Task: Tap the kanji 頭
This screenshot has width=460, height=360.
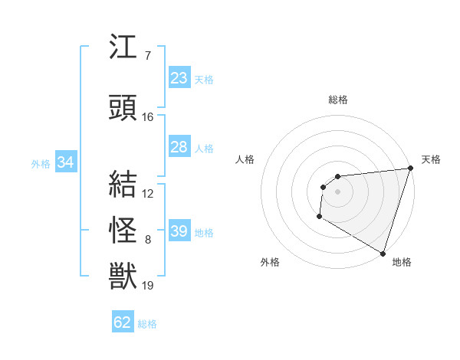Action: [x=123, y=107]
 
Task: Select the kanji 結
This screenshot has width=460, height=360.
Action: [x=123, y=185]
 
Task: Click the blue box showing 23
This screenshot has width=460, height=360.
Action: [x=179, y=78]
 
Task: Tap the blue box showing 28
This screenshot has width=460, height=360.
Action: [x=179, y=147]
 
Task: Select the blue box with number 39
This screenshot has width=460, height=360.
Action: [x=179, y=231]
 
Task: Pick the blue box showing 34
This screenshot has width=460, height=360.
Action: [x=65, y=162]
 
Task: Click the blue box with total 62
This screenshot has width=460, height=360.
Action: [x=123, y=322]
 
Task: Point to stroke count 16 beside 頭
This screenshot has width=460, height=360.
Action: [x=148, y=117]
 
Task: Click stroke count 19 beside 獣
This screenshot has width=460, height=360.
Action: [x=148, y=286]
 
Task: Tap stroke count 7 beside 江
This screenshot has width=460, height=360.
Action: [x=148, y=55]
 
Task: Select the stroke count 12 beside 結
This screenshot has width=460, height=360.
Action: [x=148, y=194]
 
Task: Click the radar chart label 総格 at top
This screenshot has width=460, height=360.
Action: [x=337, y=100]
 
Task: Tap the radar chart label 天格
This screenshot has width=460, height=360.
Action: [x=431, y=159]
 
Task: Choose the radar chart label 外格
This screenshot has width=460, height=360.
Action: [x=270, y=263]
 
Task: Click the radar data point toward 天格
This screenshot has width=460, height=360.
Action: [x=410, y=169]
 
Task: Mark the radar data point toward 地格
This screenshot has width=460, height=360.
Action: [x=383, y=253]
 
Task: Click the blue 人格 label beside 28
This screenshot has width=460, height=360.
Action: [x=204, y=148]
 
